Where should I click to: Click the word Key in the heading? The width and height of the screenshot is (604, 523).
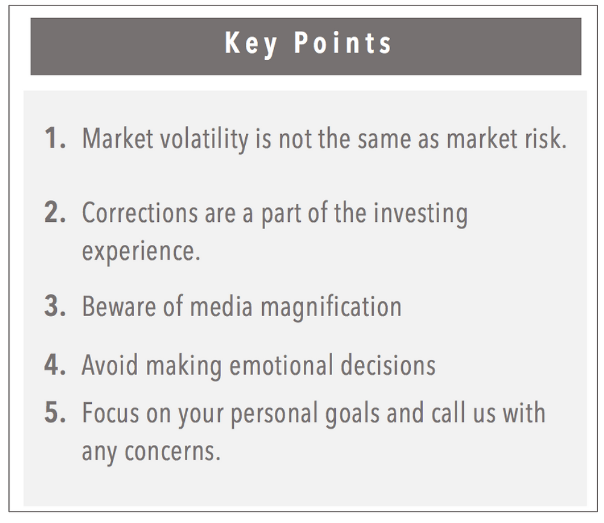[251, 44]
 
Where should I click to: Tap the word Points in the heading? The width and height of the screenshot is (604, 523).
[343, 42]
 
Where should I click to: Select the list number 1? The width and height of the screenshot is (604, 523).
[55, 138]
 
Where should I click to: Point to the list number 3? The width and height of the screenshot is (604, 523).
[55, 306]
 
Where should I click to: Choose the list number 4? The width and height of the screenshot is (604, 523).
[55, 365]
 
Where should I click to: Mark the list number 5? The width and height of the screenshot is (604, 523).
[55, 412]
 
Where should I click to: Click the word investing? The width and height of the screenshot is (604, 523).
[420, 214]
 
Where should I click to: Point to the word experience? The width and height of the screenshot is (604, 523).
[141, 252]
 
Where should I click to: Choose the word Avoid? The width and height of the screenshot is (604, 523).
[110, 365]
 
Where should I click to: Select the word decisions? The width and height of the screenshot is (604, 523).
[388, 365]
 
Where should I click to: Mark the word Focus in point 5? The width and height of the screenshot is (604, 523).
[111, 412]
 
